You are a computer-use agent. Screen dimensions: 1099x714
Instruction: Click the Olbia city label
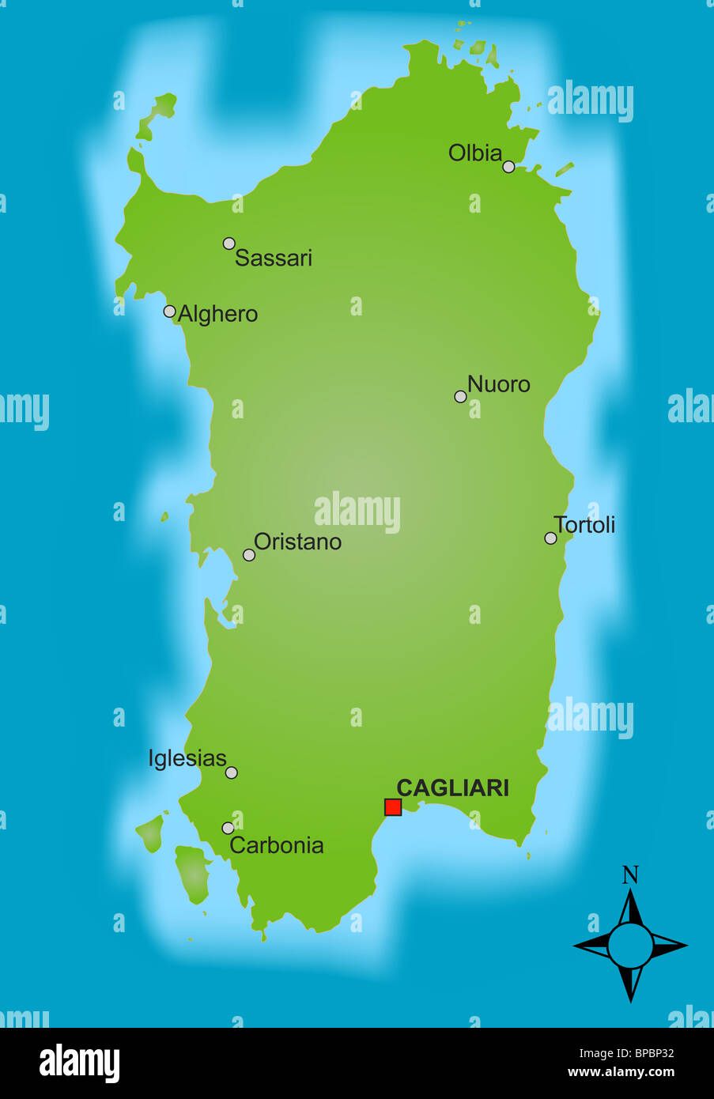(475, 153)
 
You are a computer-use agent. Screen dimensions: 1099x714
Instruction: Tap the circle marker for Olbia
(508, 166)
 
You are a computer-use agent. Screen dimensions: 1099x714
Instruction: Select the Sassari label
(274, 258)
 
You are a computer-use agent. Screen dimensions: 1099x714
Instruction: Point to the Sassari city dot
(229, 243)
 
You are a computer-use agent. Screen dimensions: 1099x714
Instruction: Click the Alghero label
(217, 314)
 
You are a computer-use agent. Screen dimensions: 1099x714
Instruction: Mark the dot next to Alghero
(169, 311)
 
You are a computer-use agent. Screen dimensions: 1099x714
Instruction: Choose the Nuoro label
(498, 384)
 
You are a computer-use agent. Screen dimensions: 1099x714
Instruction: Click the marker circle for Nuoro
(460, 396)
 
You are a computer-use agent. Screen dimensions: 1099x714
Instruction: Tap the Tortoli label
(584, 525)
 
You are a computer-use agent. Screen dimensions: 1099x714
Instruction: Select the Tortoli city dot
(550, 538)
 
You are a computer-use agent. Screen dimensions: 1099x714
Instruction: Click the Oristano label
(297, 542)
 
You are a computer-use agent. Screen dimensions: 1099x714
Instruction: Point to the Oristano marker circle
(248, 555)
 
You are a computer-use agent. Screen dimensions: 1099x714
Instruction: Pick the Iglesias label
(187, 758)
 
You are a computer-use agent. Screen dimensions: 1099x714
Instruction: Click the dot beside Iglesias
(231, 772)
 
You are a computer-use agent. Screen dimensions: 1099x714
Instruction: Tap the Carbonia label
(277, 845)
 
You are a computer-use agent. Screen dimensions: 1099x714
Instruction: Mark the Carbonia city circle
(228, 828)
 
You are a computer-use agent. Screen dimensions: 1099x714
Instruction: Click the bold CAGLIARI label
(452, 787)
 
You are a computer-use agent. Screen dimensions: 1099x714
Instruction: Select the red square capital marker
(393, 806)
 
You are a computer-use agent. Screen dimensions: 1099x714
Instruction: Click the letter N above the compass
(630, 875)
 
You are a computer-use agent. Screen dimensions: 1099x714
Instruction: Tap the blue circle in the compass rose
(630, 946)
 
